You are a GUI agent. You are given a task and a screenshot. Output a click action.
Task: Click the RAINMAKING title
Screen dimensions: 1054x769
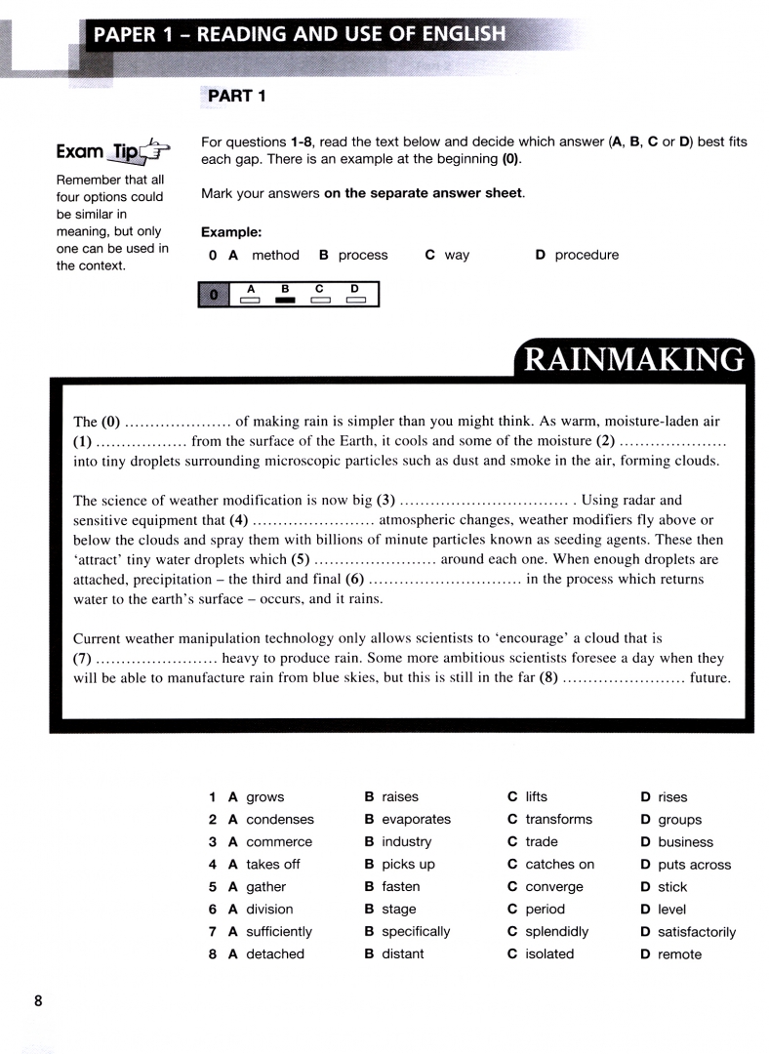coord(632,360)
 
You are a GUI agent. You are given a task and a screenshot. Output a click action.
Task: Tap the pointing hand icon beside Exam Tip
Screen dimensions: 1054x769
coord(156,151)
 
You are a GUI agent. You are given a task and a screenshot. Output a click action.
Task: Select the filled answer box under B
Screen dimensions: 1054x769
coord(285,300)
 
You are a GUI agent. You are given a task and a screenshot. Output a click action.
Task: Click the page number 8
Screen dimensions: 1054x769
coord(38,1001)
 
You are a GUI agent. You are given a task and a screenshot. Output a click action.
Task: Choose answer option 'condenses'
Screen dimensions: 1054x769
coord(280,820)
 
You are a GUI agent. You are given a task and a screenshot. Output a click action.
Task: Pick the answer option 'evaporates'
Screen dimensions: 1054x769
coord(416,820)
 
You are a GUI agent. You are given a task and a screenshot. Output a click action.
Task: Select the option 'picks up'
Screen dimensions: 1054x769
coord(408,865)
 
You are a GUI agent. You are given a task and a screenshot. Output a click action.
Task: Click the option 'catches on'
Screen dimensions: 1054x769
coord(559,865)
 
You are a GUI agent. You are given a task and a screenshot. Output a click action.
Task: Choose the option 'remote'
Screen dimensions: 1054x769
coord(679,954)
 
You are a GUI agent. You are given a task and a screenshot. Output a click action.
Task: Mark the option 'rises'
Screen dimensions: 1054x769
coord(672,797)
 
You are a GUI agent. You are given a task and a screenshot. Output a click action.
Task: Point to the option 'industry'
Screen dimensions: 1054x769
coord(406,842)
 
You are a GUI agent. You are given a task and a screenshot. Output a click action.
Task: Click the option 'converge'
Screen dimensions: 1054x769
coord(553,887)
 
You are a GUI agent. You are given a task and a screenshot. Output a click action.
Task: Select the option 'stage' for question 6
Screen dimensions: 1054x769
coord(398,910)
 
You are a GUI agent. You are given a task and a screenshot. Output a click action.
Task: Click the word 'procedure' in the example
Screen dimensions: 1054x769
coord(587,256)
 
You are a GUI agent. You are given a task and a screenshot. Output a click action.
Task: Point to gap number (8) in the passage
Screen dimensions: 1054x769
coord(548,678)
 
